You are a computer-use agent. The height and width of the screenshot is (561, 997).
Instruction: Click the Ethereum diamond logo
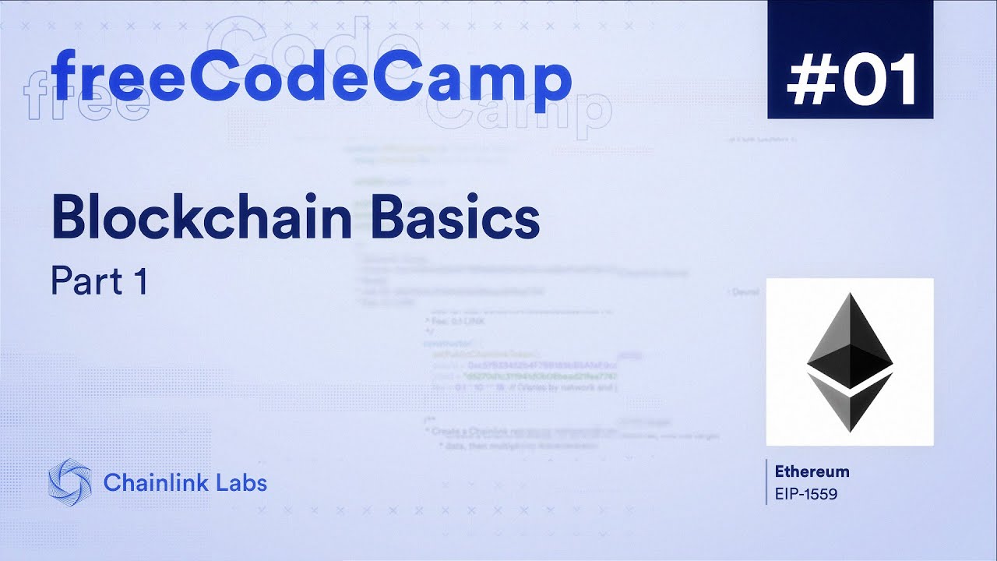tap(850, 362)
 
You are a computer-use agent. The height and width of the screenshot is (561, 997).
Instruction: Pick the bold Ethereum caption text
tap(812, 471)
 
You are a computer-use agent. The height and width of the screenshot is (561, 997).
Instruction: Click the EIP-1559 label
tap(806, 494)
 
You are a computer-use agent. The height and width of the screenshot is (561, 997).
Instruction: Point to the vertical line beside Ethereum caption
tap(767, 482)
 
